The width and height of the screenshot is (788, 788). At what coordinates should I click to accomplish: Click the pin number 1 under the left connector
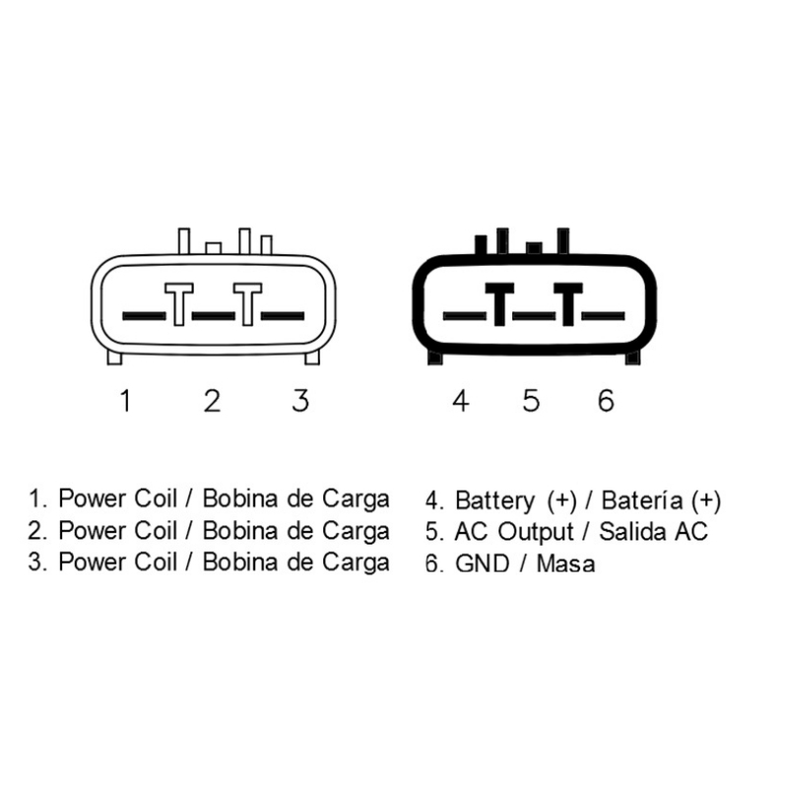[126, 401]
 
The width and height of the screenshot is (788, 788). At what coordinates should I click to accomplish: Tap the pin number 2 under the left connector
[212, 401]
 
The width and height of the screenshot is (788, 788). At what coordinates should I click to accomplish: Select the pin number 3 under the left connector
[300, 401]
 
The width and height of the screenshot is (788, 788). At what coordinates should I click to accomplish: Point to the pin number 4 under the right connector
[461, 401]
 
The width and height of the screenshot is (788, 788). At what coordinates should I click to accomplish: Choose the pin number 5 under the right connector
[531, 401]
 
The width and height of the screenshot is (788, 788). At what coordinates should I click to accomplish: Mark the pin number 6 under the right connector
[606, 401]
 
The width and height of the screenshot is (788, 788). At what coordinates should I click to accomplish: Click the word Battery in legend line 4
[495, 501]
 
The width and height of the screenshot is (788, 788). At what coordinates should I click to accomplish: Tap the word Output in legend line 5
[536, 532]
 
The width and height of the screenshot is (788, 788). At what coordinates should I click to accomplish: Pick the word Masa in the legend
[565, 563]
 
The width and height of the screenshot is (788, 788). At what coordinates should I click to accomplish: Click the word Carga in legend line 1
[356, 500]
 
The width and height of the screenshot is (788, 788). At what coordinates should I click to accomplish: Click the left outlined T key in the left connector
[179, 304]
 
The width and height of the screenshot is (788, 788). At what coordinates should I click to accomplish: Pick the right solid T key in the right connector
[568, 304]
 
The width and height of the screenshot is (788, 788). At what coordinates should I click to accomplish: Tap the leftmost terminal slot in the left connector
[144, 316]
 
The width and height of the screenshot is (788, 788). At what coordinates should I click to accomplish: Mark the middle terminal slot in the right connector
[534, 316]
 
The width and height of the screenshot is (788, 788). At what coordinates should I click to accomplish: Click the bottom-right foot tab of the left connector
[312, 357]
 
